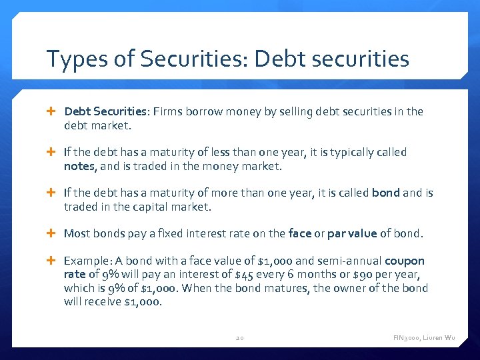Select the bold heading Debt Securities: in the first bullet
[x=105, y=111]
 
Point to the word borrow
[x=203, y=111]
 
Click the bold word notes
[x=78, y=166]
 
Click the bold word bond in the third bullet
[x=385, y=193]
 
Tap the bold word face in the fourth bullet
[x=299, y=233]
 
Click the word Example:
[x=87, y=261]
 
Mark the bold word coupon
[x=404, y=261]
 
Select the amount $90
[x=374, y=275]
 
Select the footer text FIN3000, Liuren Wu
[x=424, y=338]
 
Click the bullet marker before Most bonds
[x=53, y=233]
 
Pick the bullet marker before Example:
[x=53, y=261]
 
